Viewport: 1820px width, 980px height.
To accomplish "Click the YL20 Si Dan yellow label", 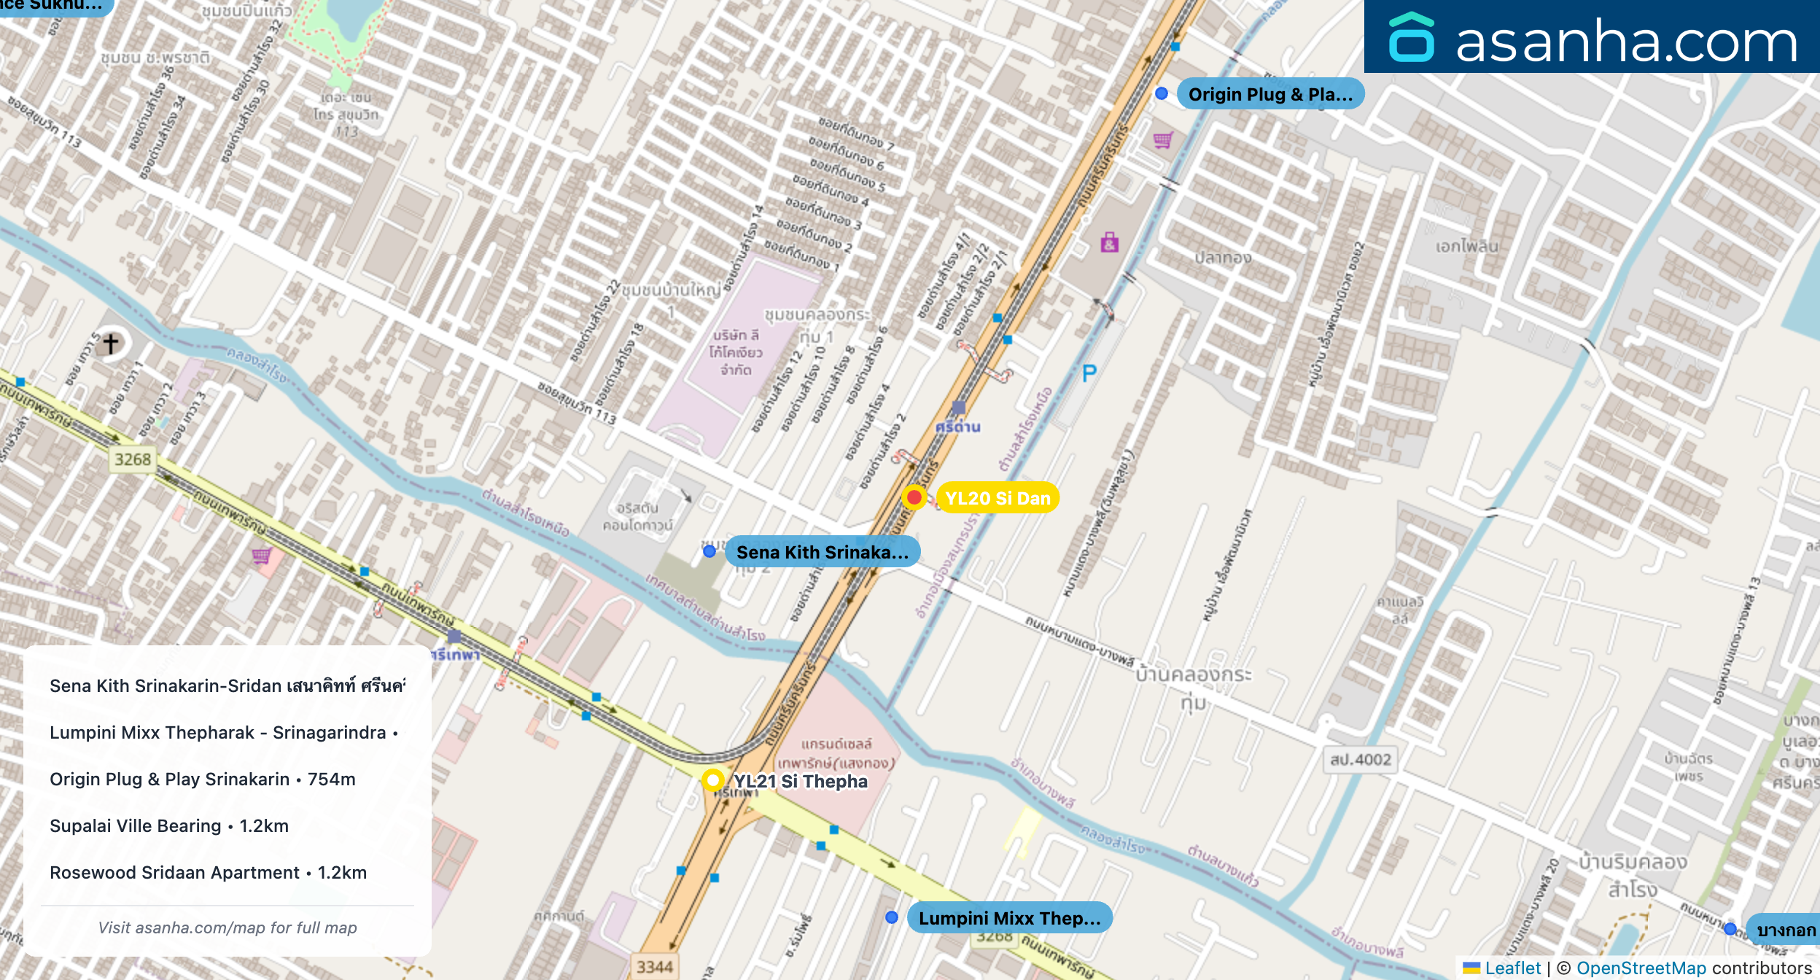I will [997, 498].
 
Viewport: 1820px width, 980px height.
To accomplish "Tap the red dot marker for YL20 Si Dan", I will [914, 497].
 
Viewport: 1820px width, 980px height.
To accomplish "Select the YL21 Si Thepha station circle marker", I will [712, 779].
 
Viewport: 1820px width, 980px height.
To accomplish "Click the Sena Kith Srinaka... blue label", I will [822, 552].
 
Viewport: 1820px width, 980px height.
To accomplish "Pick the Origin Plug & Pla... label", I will [1269, 94].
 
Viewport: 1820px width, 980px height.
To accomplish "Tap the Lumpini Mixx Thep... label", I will [1009, 918].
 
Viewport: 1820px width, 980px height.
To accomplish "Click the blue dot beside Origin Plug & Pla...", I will [1162, 93].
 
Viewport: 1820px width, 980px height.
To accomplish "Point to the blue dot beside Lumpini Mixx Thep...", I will [891, 917].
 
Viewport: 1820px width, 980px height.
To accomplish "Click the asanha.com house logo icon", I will [1411, 37].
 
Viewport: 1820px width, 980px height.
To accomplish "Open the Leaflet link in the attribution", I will [1512, 968].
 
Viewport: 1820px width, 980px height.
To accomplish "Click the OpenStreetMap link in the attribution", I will [1641, 968].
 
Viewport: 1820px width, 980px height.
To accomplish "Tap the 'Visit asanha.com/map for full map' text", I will [227, 927].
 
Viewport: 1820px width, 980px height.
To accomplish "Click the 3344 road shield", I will [654, 967].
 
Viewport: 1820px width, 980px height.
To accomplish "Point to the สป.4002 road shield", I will [1361, 759].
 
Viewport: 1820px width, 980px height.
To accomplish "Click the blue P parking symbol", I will [1089, 374].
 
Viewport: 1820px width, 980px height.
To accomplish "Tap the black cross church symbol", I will [111, 343].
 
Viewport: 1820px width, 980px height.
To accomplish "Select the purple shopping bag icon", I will [1109, 242].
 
